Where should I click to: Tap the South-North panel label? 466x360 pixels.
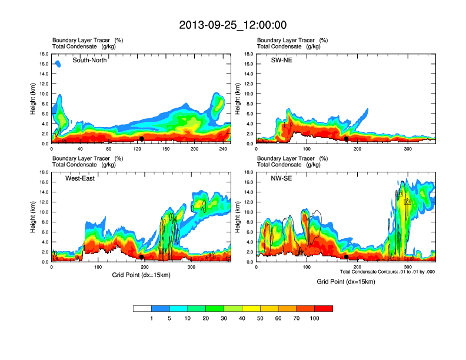[89, 60]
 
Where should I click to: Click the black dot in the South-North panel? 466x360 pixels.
[141, 139]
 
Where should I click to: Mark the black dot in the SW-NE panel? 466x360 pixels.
[347, 139]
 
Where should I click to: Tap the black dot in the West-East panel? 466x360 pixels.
[141, 257]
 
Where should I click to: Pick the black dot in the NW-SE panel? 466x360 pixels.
[347, 257]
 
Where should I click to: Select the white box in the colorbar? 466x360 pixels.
[142, 308]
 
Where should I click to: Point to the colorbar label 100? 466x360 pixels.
[315, 318]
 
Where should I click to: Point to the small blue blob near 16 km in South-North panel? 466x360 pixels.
[58, 64]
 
